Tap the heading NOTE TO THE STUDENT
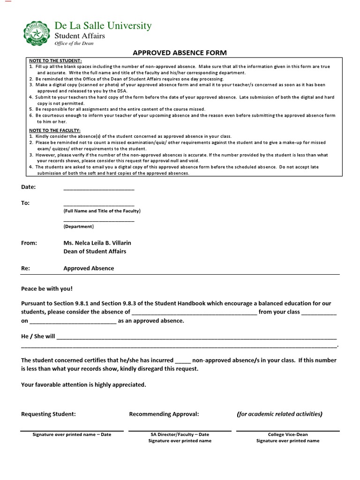coord(55,61)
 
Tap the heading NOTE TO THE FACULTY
coord(55,130)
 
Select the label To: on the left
coord(25,203)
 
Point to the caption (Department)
coord(78,226)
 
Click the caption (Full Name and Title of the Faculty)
coord(102,211)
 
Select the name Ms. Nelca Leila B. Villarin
coord(97,243)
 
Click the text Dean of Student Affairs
coord(95,251)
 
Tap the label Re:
coord(25,269)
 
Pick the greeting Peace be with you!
coord(47,289)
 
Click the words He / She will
coord(38,337)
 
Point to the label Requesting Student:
coord(48,414)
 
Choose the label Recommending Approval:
coord(164,414)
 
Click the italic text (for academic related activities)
coord(279,414)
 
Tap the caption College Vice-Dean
coord(288,435)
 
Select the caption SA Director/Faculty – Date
coord(180,435)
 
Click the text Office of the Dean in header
coord(74,44)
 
